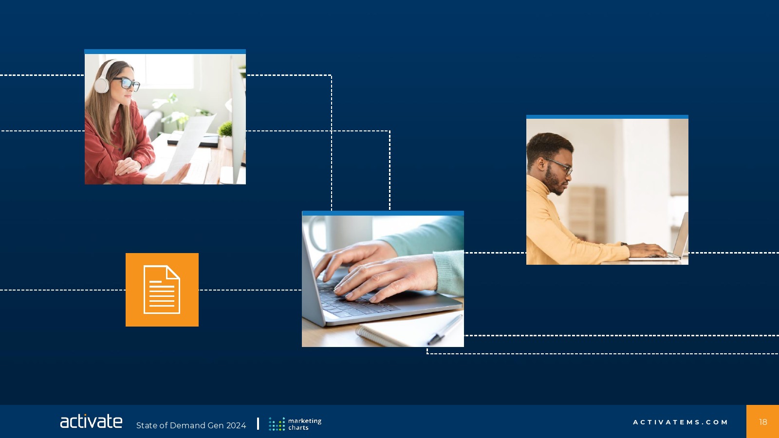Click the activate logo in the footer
pyautogui.click(x=91, y=421)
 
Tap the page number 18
pyautogui.click(x=763, y=422)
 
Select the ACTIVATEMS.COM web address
pyautogui.click(x=680, y=422)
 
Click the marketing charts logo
pyautogui.click(x=295, y=424)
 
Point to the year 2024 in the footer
pyautogui.click(x=236, y=425)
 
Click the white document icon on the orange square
pyautogui.click(x=162, y=290)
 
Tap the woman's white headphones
pyautogui.click(x=103, y=78)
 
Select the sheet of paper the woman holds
pyautogui.click(x=188, y=149)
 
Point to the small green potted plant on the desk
pyautogui.click(x=226, y=134)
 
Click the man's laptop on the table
pyautogui.click(x=661, y=243)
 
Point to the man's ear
pyautogui.click(x=541, y=164)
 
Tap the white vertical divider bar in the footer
pyautogui.click(x=258, y=424)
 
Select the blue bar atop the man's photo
pyautogui.click(x=607, y=117)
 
